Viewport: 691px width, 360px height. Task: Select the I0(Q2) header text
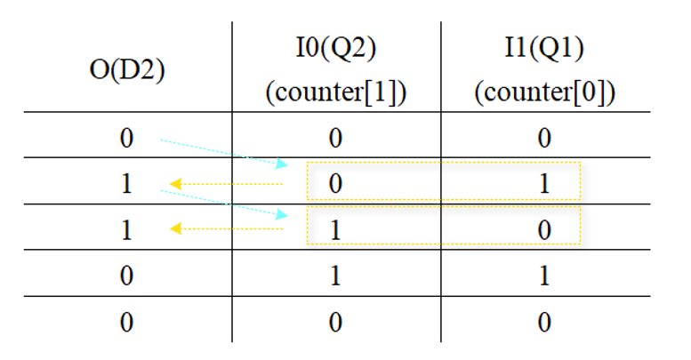(335, 51)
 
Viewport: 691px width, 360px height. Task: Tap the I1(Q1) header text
(544, 51)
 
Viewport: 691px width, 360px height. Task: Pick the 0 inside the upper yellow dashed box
(335, 183)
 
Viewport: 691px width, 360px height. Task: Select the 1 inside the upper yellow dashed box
(544, 183)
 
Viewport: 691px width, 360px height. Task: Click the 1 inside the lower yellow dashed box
(335, 229)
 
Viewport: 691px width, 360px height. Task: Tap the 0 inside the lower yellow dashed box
(544, 229)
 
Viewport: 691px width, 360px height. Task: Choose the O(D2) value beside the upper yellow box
(127, 183)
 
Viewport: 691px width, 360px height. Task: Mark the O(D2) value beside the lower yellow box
(127, 229)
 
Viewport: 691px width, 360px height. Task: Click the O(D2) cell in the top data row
(127, 137)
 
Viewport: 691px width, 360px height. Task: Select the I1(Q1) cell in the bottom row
(544, 321)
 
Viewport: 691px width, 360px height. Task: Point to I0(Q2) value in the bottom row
(335, 321)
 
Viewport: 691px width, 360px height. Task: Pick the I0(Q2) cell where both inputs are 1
(335, 275)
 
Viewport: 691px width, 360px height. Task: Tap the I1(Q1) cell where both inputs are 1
(544, 275)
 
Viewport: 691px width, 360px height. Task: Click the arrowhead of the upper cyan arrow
(284, 165)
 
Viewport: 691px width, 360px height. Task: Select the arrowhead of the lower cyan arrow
(284, 215)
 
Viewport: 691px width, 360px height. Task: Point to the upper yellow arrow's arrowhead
(175, 184)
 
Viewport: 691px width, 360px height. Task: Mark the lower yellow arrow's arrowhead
(175, 229)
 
